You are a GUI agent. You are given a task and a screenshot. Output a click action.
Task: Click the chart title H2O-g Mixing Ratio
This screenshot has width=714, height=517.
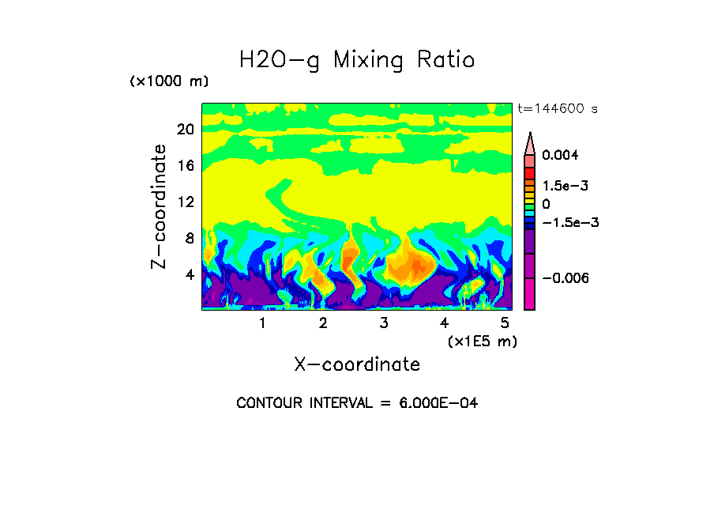click(357, 60)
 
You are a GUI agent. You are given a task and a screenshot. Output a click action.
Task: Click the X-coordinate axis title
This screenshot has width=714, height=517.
click(357, 364)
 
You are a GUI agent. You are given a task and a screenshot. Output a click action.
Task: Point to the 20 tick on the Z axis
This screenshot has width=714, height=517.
click(186, 130)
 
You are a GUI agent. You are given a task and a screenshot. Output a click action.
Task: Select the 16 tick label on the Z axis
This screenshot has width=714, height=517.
click(186, 166)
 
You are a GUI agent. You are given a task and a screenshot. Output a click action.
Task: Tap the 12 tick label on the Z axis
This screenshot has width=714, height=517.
click(186, 202)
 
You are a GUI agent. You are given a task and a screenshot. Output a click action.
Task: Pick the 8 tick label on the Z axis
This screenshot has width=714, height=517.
click(189, 238)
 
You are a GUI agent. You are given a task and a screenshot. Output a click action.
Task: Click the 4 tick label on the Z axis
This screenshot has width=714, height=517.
click(189, 275)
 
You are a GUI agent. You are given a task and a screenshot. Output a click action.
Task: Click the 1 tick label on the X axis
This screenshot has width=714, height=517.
click(262, 323)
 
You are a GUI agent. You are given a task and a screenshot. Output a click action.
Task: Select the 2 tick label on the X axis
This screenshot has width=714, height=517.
click(323, 323)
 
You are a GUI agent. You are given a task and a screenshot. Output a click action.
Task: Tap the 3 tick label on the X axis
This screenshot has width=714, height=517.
click(384, 323)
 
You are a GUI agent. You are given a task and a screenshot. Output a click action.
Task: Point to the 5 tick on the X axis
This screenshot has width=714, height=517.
click(505, 323)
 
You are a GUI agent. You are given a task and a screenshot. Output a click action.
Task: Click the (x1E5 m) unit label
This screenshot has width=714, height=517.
click(483, 341)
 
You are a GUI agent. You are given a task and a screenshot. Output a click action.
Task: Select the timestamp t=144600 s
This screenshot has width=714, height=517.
click(557, 109)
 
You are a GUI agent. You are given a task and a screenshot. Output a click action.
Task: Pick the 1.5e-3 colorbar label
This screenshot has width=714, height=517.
click(565, 186)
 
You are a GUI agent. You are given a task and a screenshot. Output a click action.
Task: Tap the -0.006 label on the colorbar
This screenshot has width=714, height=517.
click(566, 278)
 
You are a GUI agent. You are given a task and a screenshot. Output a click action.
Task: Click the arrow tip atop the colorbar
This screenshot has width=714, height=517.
click(530, 135)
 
